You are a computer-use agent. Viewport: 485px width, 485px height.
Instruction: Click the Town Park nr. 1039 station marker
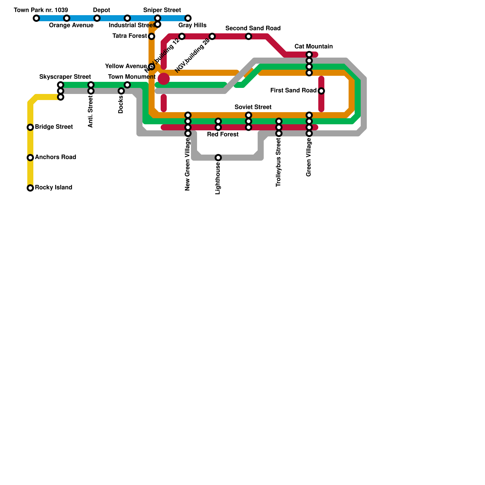click(x=36, y=18)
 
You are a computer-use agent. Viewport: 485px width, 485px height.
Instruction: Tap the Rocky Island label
click(x=53, y=188)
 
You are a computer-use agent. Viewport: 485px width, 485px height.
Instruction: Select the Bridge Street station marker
click(x=30, y=127)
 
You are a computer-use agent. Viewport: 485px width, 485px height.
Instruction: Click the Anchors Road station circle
click(x=30, y=158)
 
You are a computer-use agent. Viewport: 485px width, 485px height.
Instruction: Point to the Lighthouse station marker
click(x=218, y=158)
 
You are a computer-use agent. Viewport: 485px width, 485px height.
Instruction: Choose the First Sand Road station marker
click(x=321, y=91)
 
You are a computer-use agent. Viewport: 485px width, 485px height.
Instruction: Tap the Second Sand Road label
click(x=253, y=28)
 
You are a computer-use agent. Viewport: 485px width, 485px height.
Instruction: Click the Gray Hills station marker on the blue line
click(x=188, y=18)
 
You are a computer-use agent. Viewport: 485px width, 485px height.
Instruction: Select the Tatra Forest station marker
click(x=152, y=36)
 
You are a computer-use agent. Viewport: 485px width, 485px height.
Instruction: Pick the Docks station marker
click(x=121, y=91)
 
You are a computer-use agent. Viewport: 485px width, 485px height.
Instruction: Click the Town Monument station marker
click(x=127, y=85)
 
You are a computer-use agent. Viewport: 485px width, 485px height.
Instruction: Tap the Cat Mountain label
click(x=313, y=47)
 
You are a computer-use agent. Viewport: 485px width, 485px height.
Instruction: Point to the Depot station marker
click(x=97, y=18)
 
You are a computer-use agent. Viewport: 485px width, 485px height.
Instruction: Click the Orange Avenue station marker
click(x=67, y=18)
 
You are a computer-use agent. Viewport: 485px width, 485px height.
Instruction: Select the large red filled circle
click(x=164, y=79)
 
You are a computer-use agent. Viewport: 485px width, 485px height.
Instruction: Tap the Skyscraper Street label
click(x=65, y=77)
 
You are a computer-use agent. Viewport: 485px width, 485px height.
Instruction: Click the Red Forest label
click(x=222, y=135)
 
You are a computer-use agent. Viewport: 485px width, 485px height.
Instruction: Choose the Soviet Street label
click(x=253, y=107)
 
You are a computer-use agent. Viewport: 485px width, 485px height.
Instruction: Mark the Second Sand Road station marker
click(x=249, y=36)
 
